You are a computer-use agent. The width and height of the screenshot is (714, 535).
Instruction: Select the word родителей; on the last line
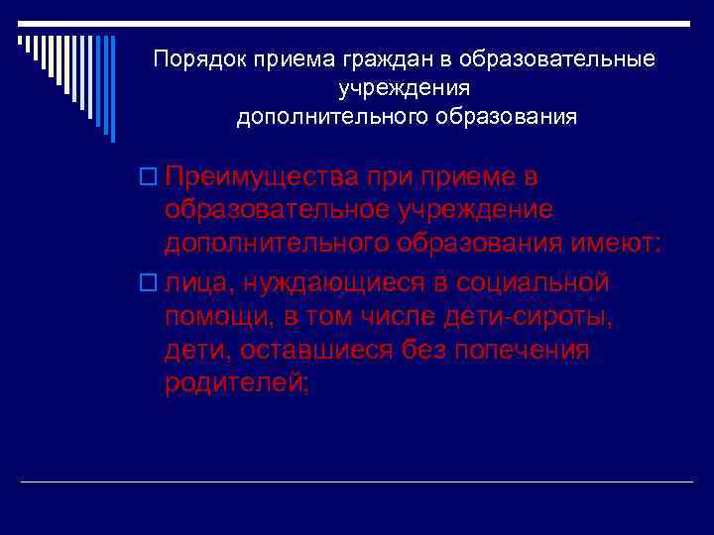pos(237,383)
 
